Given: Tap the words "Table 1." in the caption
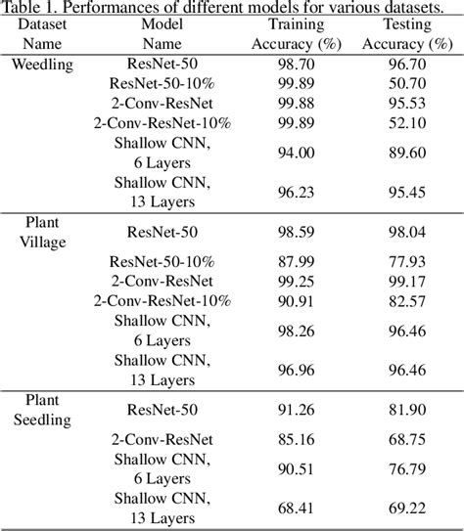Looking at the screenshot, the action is coord(33,7).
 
